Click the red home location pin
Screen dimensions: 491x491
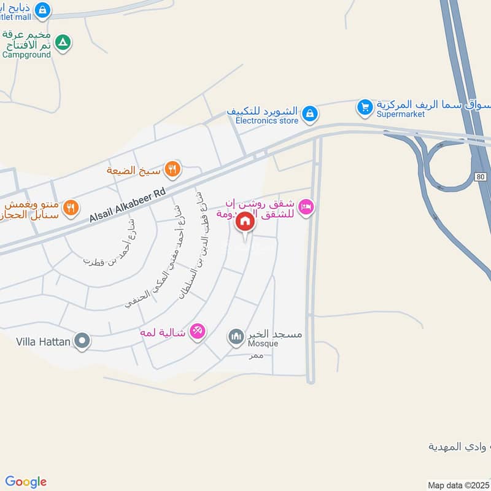(x=245, y=222)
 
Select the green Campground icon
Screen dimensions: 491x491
(x=63, y=43)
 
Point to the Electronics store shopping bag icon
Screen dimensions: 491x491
(x=310, y=113)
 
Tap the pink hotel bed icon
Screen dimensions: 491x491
(x=307, y=207)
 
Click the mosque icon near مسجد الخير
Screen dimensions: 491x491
(x=236, y=336)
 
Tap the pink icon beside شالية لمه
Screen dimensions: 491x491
(x=197, y=331)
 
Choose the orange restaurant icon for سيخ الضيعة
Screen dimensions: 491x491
(x=172, y=169)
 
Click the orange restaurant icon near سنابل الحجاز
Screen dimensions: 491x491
(x=71, y=208)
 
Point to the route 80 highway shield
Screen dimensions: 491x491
(x=481, y=177)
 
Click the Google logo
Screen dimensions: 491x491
(x=25, y=482)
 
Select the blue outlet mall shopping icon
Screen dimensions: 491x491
(x=42, y=10)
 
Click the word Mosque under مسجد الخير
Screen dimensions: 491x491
(x=263, y=344)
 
